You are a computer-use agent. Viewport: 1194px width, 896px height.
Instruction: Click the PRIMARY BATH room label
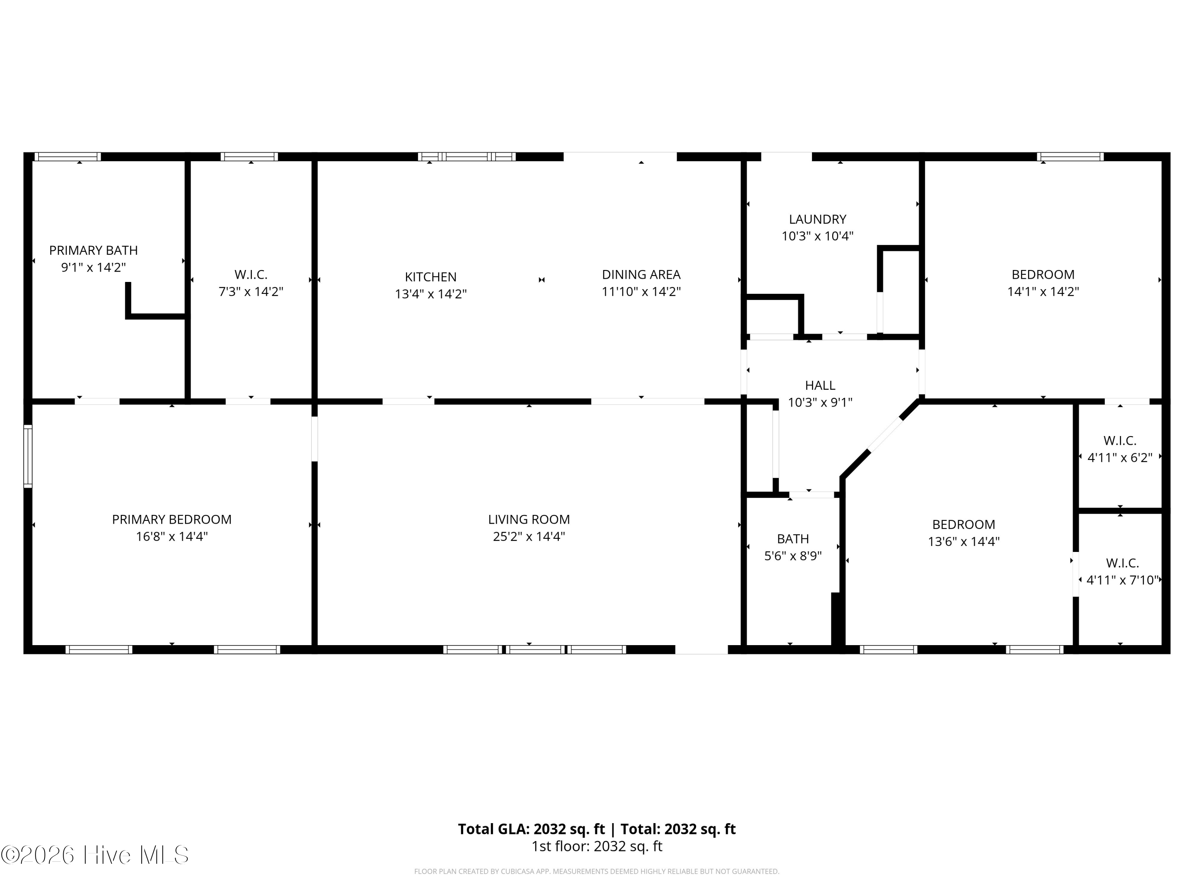tap(94, 250)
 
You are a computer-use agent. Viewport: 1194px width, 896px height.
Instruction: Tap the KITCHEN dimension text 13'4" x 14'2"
tap(431, 294)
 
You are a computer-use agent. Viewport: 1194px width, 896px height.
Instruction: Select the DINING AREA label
tap(641, 274)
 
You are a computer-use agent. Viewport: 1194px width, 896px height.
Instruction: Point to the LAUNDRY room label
tap(817, 219)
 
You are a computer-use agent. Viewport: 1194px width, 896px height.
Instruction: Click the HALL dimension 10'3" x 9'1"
tap(820, 402)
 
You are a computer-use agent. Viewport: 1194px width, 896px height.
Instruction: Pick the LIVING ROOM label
tap(529, 520)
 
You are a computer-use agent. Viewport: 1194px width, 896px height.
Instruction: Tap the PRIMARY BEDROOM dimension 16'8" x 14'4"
tap(172, 536)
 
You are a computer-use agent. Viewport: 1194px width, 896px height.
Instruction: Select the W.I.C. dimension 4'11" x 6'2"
tap(1120, 458)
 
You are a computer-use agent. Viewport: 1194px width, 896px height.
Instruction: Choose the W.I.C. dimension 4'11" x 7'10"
tap(1122, 580)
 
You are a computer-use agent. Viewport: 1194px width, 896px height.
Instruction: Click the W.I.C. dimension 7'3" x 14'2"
tap(251, 291)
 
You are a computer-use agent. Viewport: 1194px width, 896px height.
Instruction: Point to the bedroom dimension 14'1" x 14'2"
tap(1043, 291)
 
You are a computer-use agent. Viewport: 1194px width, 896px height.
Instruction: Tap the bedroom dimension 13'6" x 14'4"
tap(964, 541)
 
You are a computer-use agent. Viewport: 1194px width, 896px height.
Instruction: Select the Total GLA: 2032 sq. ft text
tap(532, 829)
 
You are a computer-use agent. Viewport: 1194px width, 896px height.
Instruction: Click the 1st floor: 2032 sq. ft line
tap(597, 846)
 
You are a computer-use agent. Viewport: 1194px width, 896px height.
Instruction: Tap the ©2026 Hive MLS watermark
tap(95, 855)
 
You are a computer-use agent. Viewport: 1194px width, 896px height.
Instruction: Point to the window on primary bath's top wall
tap(68, 157)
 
